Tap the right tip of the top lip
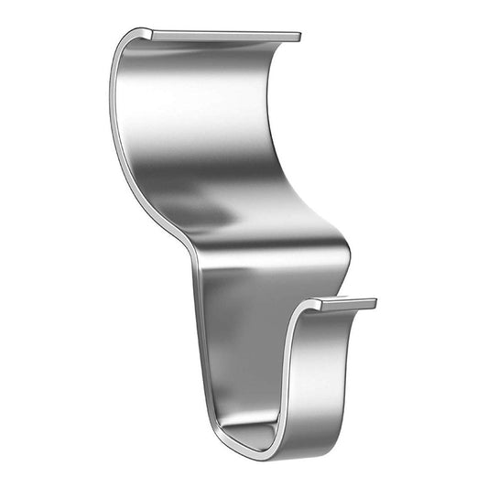[x=298, y=38]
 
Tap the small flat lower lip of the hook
[x=343, y=303]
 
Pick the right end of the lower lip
[x=374, y=302]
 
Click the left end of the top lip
[x=146, y=33]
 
